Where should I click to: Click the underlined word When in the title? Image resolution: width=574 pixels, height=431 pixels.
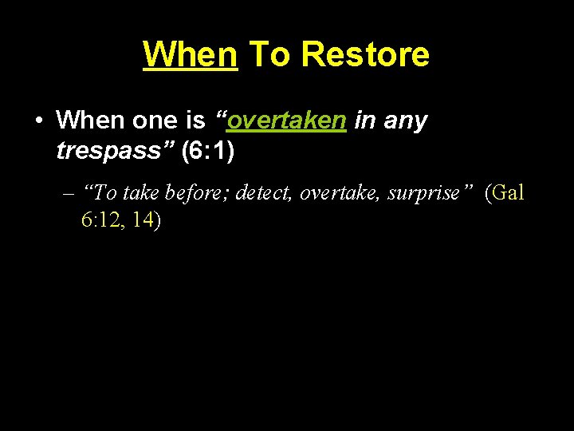coord(190,54)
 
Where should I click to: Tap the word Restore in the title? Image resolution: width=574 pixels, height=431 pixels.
coord(366,54)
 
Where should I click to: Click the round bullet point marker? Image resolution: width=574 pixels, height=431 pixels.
coord(38,121)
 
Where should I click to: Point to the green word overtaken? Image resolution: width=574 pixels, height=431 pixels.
coord(286,121)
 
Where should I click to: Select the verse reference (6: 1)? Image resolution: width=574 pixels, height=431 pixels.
coord(207,151)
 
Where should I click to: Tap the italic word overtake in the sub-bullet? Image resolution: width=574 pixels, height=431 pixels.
coord(339,193)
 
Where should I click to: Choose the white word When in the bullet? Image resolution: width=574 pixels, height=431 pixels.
coord(88,121)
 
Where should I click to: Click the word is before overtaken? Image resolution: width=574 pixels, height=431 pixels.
coord(195,121)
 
